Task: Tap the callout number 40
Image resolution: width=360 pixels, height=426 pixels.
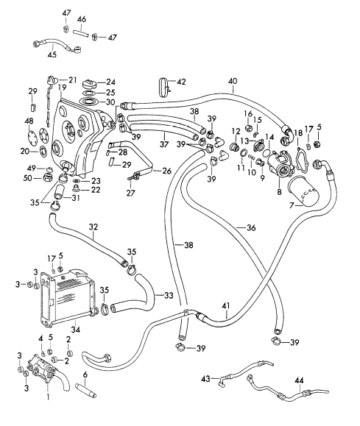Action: (x=233, y=81)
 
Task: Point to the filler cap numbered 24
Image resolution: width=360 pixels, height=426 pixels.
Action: (x=88, y=82)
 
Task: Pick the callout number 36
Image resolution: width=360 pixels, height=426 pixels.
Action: (x=251, y=227)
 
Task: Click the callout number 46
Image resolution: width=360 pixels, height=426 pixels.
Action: (x=82, y=19)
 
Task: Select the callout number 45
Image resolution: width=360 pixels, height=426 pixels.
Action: (x=52, y=54)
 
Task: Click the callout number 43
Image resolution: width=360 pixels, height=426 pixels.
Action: (x=206, y=378)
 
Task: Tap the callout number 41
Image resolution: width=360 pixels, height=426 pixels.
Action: (x=226, y=306)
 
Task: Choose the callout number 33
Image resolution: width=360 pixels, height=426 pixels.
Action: (x=169, y=295)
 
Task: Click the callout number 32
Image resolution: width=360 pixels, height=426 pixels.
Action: (x=93, y=227)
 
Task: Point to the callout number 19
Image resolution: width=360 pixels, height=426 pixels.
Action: (x=62, y=88)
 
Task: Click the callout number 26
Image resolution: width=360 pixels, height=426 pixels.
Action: (x=167, y=171)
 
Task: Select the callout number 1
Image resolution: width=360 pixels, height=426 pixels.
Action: (x=48, y=397)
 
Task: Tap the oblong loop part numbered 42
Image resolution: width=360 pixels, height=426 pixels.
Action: (x=163, y=88)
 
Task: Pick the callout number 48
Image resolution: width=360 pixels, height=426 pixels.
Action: (x=29, y=121)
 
